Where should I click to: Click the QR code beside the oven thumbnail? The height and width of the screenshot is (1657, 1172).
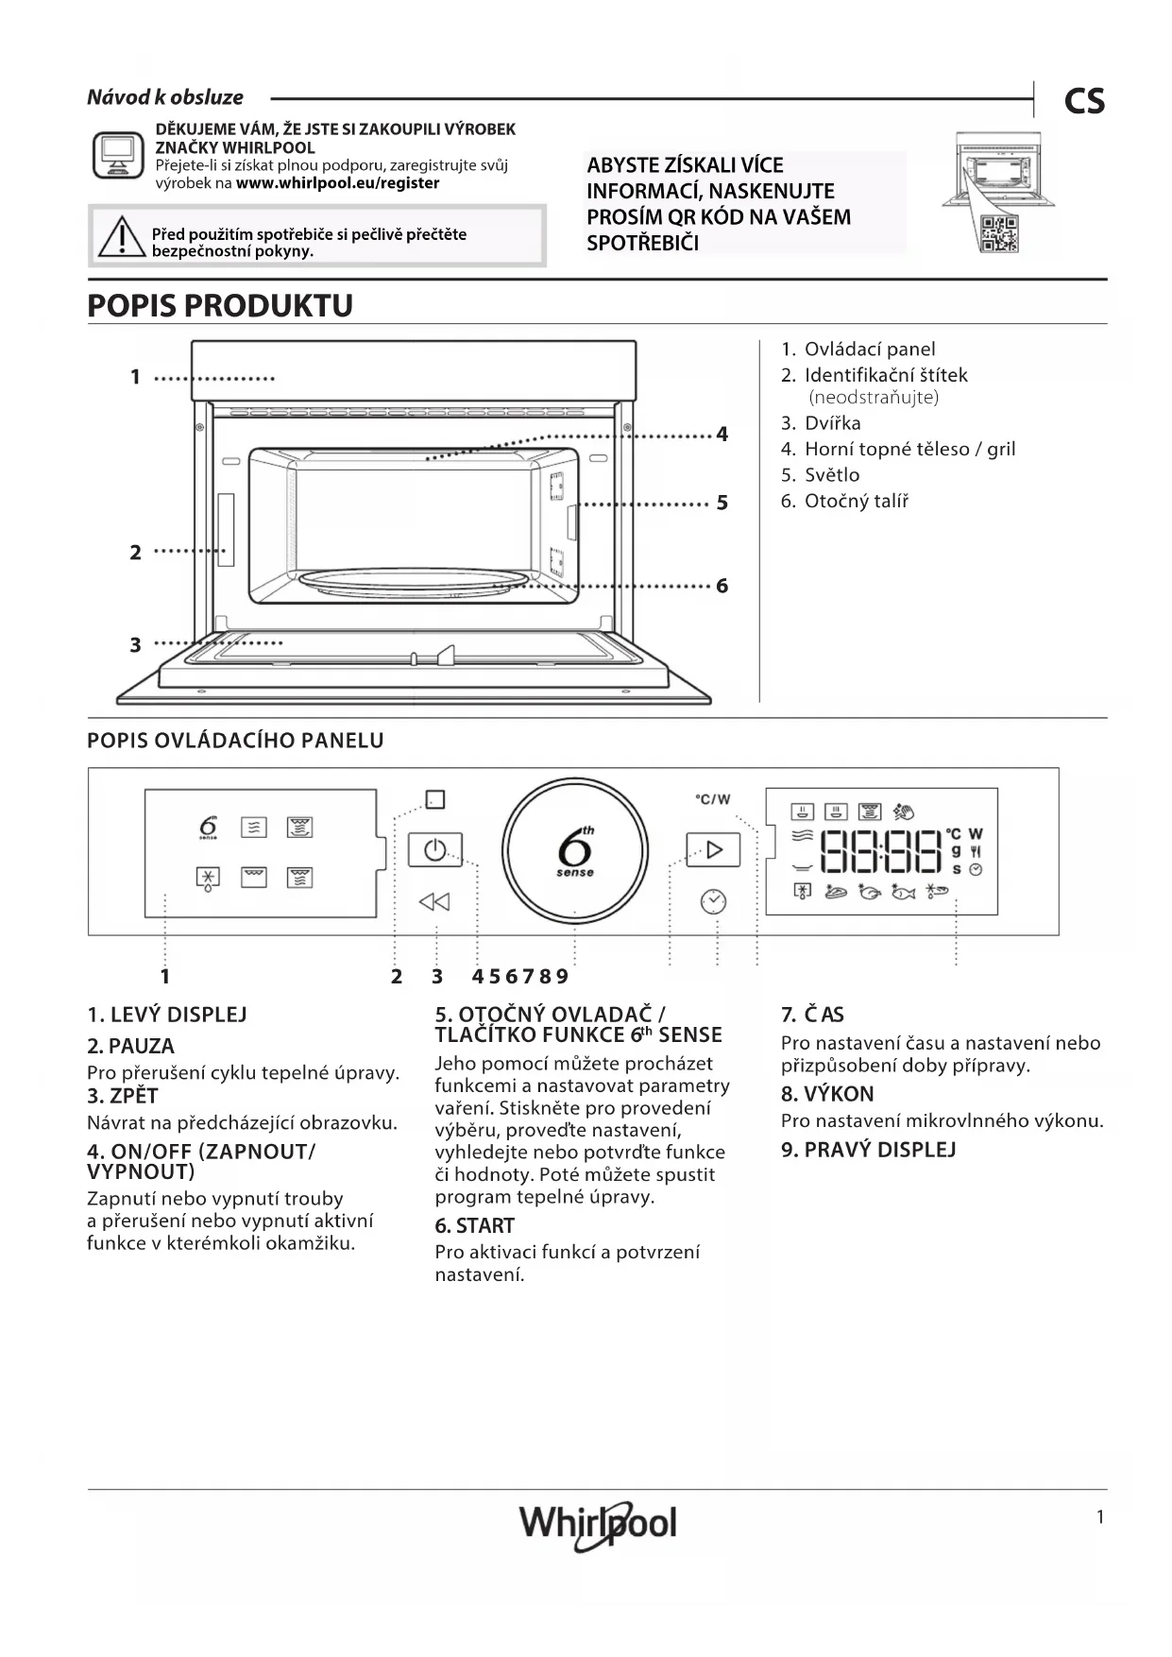tap(999, 232)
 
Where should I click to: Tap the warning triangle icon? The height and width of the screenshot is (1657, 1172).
tap(121, 237)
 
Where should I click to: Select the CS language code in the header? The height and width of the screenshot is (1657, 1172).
tap(1084, 101)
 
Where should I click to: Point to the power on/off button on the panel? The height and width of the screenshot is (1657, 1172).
tap(434, 849)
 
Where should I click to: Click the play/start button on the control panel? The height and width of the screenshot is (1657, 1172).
tap(713, 849)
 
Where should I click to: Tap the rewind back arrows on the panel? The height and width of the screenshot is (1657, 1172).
tap(434, 902)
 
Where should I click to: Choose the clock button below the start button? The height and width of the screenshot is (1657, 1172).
tap(713, 902)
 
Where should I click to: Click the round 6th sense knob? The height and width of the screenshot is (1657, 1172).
tap(574, 849)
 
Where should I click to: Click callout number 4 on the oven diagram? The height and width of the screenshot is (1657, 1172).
tap(722, 435)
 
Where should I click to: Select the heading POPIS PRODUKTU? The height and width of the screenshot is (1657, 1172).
tap(220, 305)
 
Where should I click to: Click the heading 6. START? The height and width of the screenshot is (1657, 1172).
tap(474, 1225)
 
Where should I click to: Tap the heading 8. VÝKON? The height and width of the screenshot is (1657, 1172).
tap(827, 1094)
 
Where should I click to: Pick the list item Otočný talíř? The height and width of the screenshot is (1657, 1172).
tap(856, 501)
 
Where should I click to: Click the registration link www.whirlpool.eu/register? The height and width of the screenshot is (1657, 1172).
tap(337, 183)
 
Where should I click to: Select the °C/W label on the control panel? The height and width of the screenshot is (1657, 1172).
tap(713, 799)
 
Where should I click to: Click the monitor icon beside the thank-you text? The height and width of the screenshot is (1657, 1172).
tap(118, 155)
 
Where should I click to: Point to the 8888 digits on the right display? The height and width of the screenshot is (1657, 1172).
tap(880, 851)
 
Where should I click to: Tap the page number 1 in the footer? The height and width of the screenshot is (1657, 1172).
tap(1099, 1517)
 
